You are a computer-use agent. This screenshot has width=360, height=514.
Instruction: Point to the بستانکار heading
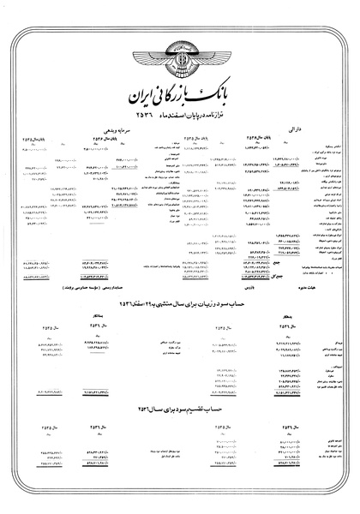95,314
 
